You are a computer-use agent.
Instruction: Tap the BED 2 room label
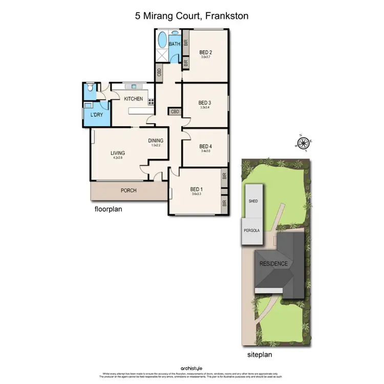pos(205,52)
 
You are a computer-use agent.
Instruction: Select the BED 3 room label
pos(205,102)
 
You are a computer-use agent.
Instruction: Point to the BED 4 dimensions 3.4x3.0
pos(205,151)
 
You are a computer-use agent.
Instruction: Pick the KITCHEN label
pos(132,99)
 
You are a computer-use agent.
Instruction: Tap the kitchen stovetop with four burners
pos(151,101)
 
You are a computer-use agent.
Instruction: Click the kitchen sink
pos(135,86)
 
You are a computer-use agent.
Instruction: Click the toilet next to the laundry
pos(90,89)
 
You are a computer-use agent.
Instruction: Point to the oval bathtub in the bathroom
pos(162,39)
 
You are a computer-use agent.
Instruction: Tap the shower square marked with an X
pos(162,57)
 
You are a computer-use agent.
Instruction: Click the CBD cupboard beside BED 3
pos(175,111)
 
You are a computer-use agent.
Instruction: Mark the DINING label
pos(156,140)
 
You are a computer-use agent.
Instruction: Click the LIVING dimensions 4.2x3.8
pos(118,158)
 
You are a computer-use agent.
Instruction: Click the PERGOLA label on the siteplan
pos(251,230)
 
